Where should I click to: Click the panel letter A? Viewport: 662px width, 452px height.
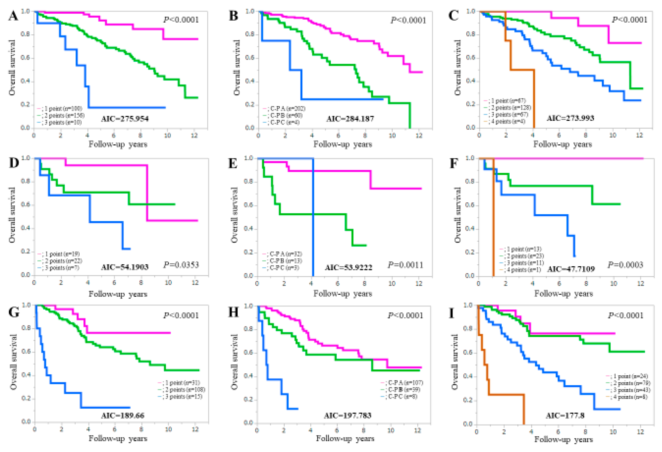(13, 16)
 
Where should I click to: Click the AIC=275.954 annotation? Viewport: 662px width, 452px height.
(125, 119)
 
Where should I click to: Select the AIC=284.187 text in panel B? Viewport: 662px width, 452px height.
(350, 119)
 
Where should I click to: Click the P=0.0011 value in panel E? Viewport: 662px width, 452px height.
(405, 265)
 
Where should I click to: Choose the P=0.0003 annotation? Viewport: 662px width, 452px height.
(625, 265)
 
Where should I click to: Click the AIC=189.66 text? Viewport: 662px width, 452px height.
(123, 415)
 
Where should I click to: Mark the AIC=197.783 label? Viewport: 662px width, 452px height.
(348, 415)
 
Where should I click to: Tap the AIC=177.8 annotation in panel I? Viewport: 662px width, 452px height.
(565, 415)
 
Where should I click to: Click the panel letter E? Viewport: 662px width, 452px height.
(233, 164)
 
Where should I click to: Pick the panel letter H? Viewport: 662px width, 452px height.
(234, 312)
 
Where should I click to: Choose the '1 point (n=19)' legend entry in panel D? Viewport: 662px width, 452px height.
(60, 254)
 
